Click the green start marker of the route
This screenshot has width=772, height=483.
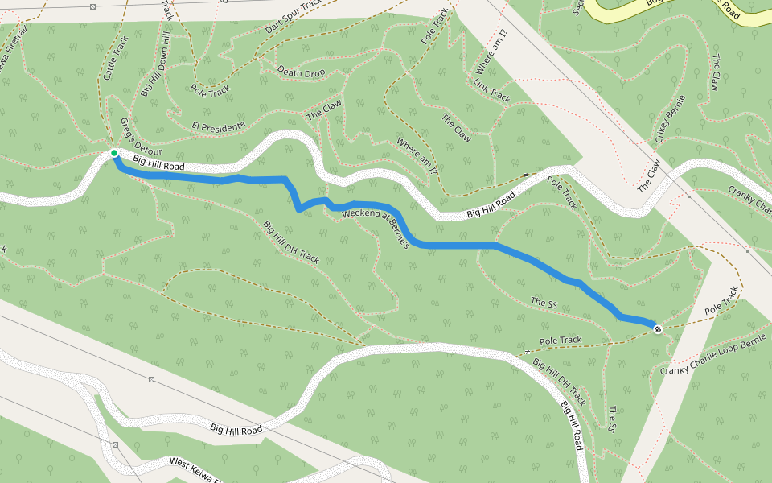(x=114, y=153)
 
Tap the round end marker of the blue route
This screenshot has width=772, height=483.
(x=658, y=328)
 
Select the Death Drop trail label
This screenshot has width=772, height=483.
(x=302, y=72)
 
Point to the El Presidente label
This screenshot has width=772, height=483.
(x=218, y=126)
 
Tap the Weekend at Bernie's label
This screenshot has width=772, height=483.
(x=376, y=228)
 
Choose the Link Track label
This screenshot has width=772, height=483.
(x=491, y=90)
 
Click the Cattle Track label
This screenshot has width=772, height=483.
(x=116, y=58)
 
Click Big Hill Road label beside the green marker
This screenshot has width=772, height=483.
(x=158, y=163)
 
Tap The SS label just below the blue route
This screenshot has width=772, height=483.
(x=544, y=303)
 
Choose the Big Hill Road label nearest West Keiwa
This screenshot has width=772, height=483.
(x=236, y=430)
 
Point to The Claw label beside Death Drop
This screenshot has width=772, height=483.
(x=324, y=109)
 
